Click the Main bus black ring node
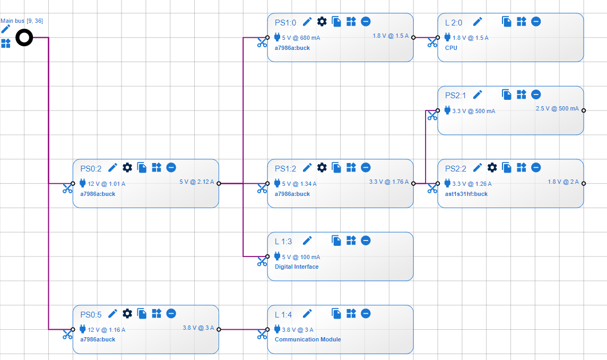coord(24,38)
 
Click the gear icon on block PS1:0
coord(322,21)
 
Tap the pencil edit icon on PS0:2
coord(112,167)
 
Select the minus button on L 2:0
coord(536,21)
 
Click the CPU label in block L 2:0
coord(451,48)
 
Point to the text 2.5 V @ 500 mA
coord(557,108)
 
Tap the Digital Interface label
coord(297,267)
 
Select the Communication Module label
coord(308,339)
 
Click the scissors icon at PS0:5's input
coord(67,335)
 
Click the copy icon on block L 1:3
coord(336,241)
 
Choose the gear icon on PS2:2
coord(492,167)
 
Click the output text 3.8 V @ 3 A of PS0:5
coord(198,328)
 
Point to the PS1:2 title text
coord(285,168)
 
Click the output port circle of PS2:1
coord(584,110)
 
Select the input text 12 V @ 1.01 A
coord(106,184)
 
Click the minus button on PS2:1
coord(536,95)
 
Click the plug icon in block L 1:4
coord(277,329)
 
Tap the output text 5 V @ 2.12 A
coord(196,182)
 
